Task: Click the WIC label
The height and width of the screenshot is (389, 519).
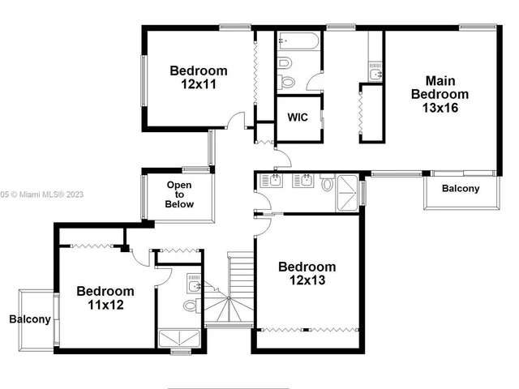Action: click(297, 117)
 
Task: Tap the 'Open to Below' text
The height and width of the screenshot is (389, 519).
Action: click(180, 194)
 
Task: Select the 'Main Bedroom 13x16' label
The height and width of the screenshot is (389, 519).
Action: click(440, 93)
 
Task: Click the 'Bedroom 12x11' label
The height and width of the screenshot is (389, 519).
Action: click(199, 77)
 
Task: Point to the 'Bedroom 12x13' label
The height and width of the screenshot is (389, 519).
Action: click(307, 273)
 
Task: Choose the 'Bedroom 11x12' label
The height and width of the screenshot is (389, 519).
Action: click(105, 297)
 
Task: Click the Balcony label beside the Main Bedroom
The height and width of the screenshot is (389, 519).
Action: click(460, 189)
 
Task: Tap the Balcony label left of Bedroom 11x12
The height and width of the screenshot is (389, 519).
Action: click(30, 319)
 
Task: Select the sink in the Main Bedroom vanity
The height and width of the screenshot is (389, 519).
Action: click(375, 75)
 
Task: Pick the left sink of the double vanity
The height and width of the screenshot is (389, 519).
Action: click(277, 180)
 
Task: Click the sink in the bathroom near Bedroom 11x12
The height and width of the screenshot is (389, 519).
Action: click(194, 284)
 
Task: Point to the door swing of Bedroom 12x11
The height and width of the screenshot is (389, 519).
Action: click(236, 122)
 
